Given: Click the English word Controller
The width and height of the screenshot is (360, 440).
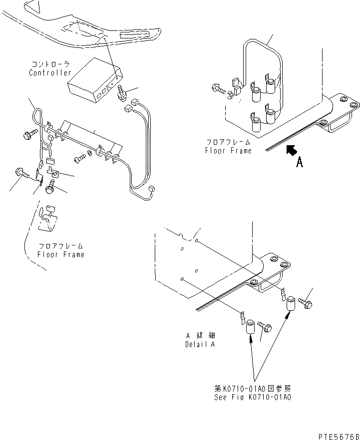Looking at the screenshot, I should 50,73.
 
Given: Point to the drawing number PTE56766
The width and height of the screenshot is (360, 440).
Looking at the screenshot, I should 338,436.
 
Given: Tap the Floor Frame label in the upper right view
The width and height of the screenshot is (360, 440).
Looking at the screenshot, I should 228,150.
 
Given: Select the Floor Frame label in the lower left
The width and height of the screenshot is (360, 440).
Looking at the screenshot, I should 61,254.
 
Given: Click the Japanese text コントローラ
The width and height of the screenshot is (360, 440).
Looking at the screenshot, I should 50,65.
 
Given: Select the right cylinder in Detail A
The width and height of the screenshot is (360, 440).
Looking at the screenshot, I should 290,303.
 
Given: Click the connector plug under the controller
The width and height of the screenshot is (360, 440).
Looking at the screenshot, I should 121,94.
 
